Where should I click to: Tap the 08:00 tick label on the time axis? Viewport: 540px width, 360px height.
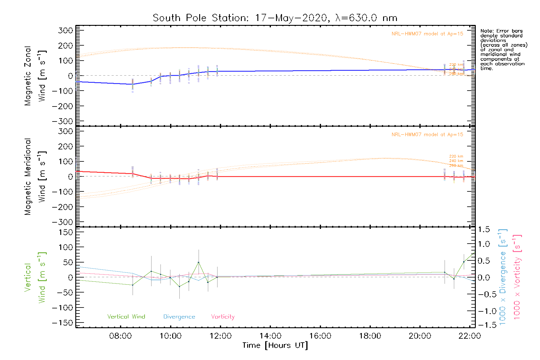[120, 336]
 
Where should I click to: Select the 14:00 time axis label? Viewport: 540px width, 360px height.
[270, 336]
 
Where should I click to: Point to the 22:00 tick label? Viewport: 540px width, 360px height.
[469, 336]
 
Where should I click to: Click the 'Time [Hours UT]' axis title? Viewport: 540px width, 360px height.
[275, 345]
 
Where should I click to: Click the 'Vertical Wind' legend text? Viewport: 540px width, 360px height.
[126, 316]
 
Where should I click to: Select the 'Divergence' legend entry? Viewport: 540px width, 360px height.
[179, 316]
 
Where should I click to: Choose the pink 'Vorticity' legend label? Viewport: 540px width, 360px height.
[223, 316]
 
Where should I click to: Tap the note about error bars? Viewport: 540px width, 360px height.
[503, 49]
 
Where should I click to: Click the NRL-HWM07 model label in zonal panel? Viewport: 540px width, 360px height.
[427, 34]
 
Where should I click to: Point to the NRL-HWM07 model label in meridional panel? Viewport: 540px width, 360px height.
[427, 134]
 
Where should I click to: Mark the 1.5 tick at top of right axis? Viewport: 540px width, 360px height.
[484, 229]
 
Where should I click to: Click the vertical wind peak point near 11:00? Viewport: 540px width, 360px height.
[198, 262]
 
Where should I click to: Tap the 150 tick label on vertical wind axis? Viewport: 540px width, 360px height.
[66, 232]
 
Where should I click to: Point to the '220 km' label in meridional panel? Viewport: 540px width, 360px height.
[456, 156]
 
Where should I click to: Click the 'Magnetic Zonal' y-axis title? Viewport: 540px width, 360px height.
[28, 76]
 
